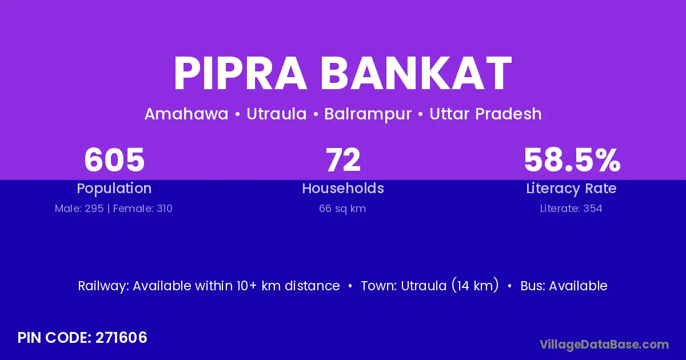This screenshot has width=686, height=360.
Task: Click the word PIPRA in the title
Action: coord(241,73)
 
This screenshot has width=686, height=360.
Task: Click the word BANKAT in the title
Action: coord(416,73)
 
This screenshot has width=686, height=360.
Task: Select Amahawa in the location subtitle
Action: coord(186,114)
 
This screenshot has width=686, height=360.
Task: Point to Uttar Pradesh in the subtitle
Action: coord(485,114)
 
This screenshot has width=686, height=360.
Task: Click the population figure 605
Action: coord(114,160)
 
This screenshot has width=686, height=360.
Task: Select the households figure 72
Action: coord(343,160)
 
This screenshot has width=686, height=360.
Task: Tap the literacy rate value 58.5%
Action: coord(572,160)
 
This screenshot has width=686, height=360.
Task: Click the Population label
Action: coord(114,189)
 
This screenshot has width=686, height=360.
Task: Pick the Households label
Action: coord(343,188)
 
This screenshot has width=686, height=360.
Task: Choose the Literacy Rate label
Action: coord(571,189)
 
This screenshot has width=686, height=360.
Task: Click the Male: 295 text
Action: coord(79,209)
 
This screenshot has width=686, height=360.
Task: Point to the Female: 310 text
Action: coord(143,209)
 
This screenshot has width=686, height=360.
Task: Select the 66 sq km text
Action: coord(342,209)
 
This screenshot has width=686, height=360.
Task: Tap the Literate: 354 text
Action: coord(571,209)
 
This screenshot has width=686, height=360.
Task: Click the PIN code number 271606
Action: coord(121,338)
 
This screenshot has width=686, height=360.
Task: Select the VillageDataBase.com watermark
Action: coord(604,345)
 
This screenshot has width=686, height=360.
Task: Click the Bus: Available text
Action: coord(564,286)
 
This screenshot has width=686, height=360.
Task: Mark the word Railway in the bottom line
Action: coord(103,286)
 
